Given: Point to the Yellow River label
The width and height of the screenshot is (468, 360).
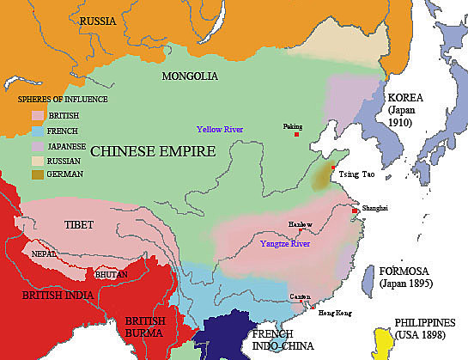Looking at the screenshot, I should [x=222, y=129].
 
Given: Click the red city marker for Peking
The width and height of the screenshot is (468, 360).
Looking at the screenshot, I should [x=296, y=135].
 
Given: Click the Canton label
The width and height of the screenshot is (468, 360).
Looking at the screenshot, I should [x=301, y=296].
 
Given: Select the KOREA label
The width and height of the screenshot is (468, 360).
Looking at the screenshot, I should [x=406, y=97].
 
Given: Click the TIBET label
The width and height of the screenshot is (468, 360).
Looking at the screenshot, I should [x=79, y=224].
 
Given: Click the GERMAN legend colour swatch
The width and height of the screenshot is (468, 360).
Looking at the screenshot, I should [x=39, y=176].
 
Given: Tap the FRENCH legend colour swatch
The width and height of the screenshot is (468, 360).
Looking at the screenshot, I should [x=39, y=131].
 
